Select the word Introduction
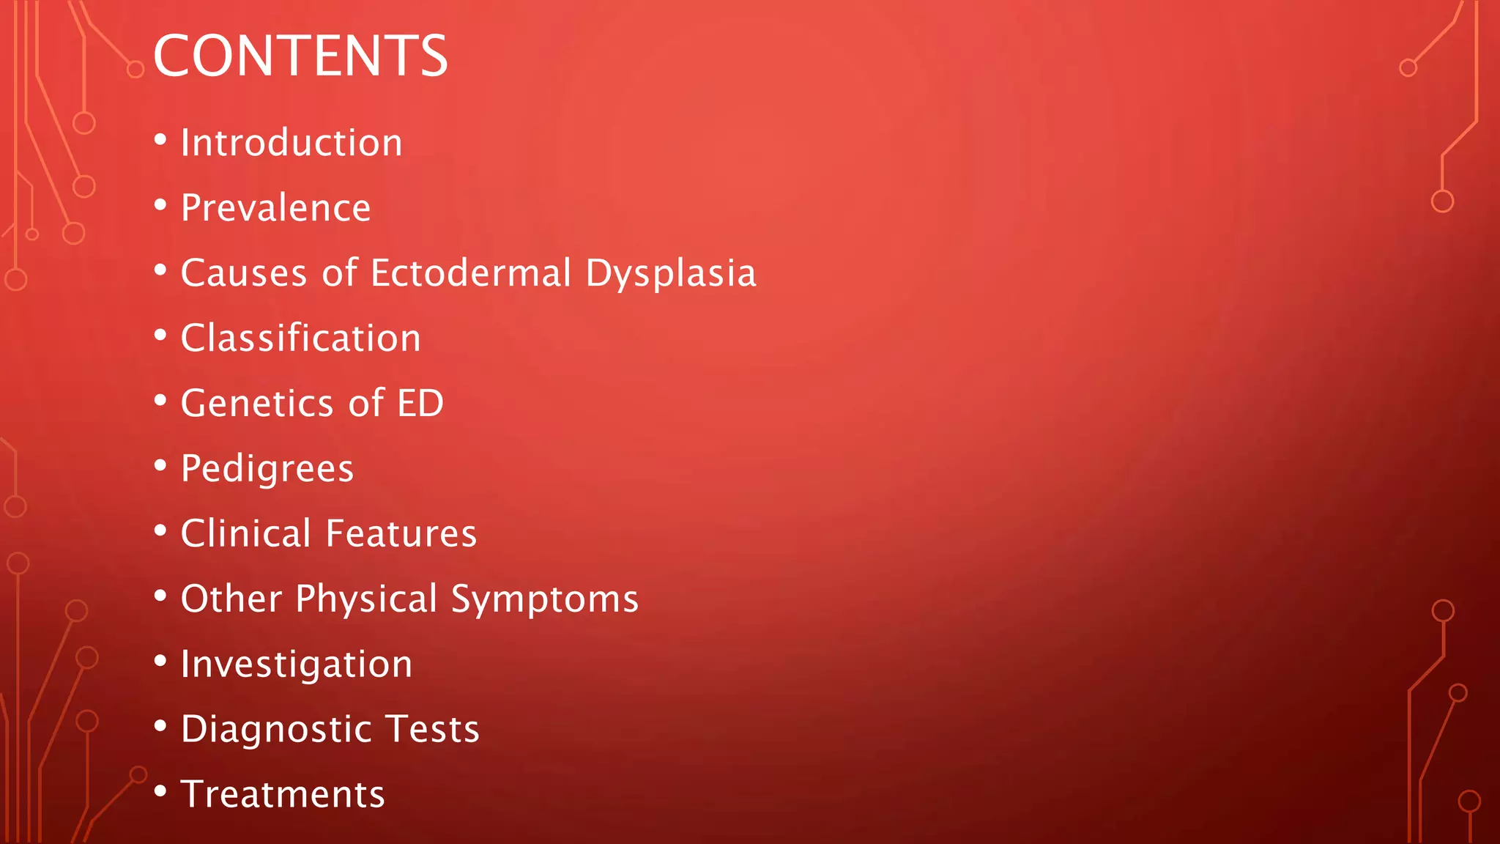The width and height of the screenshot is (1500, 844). (292, 142)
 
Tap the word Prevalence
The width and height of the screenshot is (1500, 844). (275, 207)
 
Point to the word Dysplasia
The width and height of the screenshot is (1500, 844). (670, 274)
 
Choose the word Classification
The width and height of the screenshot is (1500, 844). (300, 338)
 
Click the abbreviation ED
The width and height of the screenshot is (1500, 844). (420, 403)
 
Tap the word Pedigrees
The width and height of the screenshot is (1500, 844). (267, 469)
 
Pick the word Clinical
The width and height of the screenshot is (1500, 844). (246, 533)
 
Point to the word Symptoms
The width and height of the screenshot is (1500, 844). (544, 599)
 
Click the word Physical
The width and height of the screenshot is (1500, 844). (366, 599)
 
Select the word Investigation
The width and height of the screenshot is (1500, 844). (296, 665)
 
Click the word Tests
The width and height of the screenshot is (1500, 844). (432, 729)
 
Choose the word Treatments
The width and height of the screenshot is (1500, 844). (282, 794)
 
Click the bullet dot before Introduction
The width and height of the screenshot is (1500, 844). (160, 139)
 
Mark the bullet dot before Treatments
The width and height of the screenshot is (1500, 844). (160, 791)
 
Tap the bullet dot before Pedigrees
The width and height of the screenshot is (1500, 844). (160, 465)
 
